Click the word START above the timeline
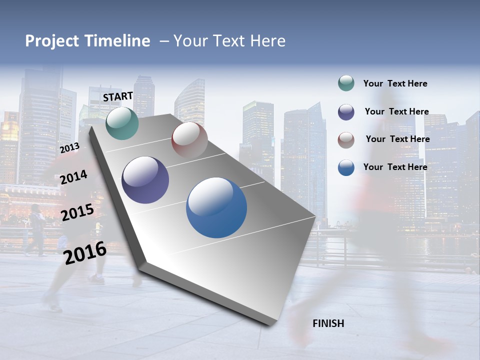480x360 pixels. point(118,96)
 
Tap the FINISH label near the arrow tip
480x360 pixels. point(328,323)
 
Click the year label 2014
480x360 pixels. point(73,177)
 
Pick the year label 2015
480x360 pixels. point(77,212)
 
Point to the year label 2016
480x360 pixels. point(85,252)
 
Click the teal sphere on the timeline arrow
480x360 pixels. point(122,123)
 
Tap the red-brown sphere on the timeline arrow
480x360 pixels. point(189,140)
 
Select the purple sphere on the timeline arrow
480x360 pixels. point(145,180)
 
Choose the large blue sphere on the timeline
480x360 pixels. point(216,207)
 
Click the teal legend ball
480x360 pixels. point(346,83)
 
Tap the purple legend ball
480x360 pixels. point(346,112)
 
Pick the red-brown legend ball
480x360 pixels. point(346,140)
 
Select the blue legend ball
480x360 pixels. point(346,167)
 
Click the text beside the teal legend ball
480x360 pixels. point(395,84)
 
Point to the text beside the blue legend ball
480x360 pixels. point(395,167)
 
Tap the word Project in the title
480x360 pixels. point(52,41)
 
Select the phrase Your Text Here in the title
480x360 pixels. point(229,41)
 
